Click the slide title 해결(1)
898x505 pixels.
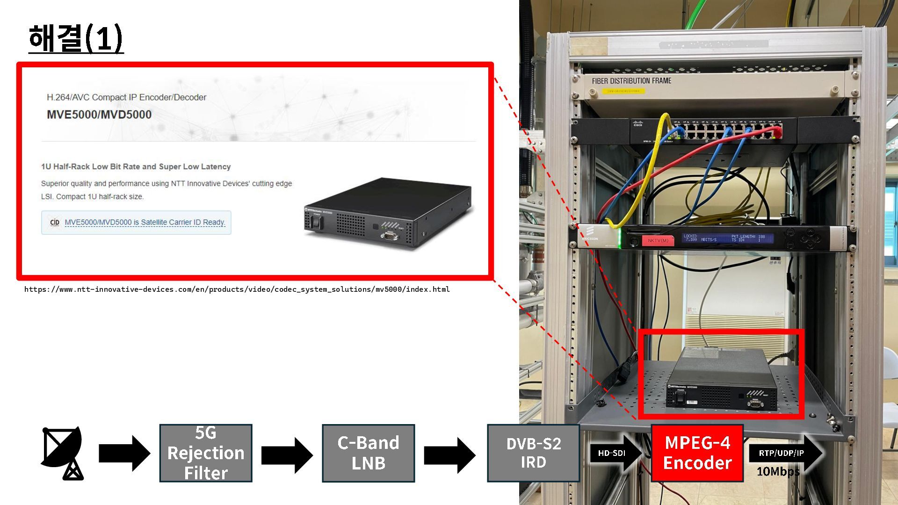[76, 38]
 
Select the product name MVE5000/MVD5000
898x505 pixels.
[99, 115]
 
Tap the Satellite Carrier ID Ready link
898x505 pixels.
[145, 222]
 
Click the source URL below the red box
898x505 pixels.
[237, 289]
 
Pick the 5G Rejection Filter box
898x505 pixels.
[206, 453]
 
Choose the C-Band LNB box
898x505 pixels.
[368, 453]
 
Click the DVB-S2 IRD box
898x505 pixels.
[533, 453]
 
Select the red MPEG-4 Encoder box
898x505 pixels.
[697, 453]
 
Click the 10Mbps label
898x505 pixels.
[778, 471]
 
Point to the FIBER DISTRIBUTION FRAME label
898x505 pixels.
[631, 81]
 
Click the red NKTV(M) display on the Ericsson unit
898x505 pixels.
[658, 240]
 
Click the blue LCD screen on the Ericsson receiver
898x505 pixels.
[727, 238]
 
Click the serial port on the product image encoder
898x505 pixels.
[389, 236]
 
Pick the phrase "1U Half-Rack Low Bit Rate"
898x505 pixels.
[90, 166]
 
